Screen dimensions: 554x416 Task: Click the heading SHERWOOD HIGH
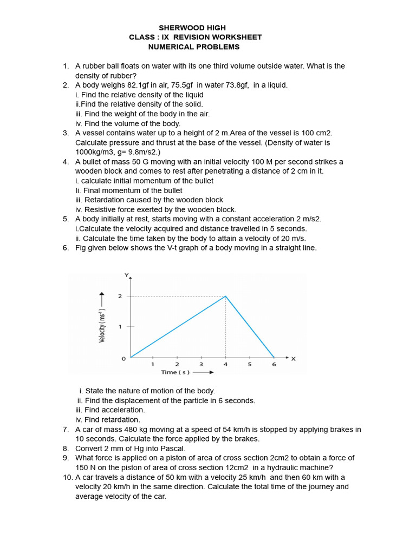(192, 28)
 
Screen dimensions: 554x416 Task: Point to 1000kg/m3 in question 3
(93, 153)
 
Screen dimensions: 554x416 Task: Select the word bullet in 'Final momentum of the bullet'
(171, 190)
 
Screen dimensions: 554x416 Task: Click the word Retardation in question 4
(102, 200)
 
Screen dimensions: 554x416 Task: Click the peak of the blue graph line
(226, 296)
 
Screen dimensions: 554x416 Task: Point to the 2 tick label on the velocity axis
(120, 296)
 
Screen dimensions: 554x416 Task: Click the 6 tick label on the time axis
(274, 365)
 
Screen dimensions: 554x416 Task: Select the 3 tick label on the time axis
(201, 365)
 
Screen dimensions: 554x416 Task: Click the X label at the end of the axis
(294, 358)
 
